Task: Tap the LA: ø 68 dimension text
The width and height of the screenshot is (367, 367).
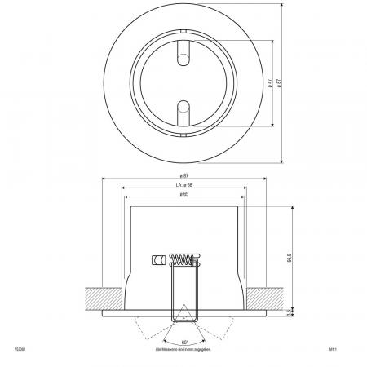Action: tap(183, 187)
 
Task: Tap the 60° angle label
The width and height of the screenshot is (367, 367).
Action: tap(184, 342)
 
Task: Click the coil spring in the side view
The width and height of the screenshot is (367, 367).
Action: tap(183, 261)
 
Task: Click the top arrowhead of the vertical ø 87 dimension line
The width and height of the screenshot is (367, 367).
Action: tap(282, 11)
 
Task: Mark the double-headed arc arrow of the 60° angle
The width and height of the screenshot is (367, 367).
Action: tap(184, 336)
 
